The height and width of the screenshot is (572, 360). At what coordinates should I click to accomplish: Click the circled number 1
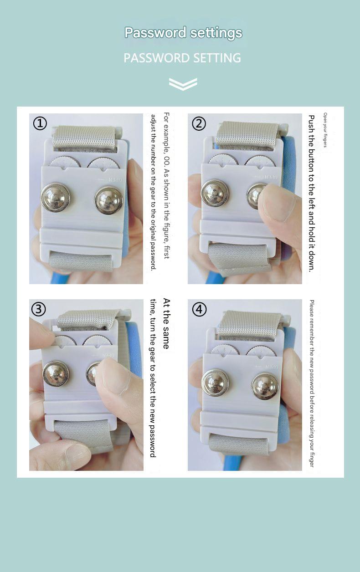(40, 123)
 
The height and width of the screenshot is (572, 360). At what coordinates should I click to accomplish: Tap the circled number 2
(199, 123)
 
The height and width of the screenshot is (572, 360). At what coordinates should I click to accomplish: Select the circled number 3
(39, 309)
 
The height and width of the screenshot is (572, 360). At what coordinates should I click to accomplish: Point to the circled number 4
(199, 309)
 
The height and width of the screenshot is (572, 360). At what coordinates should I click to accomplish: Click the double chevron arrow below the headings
(183, 84)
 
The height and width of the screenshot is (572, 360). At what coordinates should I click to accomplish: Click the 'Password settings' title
(183, 33)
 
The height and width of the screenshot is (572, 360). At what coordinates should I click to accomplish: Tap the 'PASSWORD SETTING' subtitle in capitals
(182, 58)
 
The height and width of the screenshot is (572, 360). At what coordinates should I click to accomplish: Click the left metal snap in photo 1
(56, 197)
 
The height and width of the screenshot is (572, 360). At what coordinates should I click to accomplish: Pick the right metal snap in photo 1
(109, 200)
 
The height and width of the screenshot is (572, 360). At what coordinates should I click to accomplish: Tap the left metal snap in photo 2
(215, 193)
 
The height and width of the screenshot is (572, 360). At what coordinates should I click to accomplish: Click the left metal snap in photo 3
(56, 373)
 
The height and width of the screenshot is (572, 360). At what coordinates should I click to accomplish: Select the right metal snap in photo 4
(265, 386)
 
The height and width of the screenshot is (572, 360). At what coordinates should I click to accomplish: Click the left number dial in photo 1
(65, 162)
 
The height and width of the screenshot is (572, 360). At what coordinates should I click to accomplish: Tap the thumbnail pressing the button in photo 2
(277, 202)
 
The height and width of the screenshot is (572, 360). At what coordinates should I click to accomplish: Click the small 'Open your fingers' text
(325, 130)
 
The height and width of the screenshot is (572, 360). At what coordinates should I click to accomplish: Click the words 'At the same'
(166, 323)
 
